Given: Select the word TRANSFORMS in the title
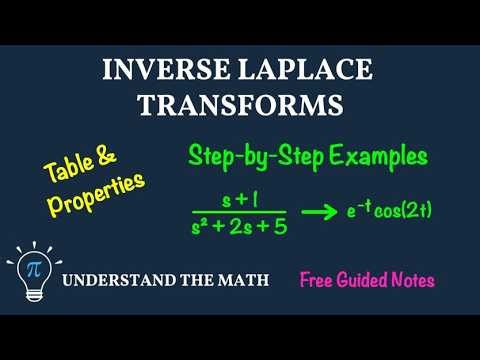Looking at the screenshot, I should point(239,105).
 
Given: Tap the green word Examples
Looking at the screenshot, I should point(371,158).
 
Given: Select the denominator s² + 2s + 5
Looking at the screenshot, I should point(239,227).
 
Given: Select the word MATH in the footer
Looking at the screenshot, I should point(241,280).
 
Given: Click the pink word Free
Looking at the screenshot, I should point(322,280).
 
